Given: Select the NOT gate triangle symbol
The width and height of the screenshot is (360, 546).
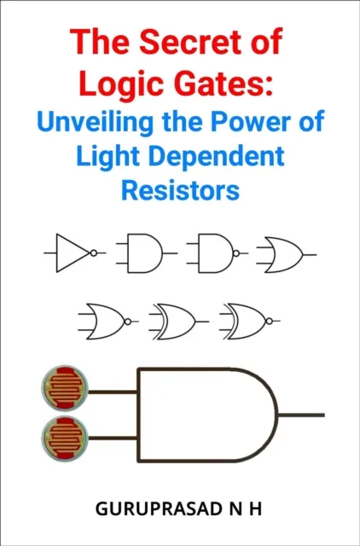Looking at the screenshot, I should (71, 253).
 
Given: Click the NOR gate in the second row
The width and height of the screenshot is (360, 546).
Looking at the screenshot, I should (102, 322).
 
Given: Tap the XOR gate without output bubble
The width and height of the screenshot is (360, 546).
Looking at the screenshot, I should (177, 322).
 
